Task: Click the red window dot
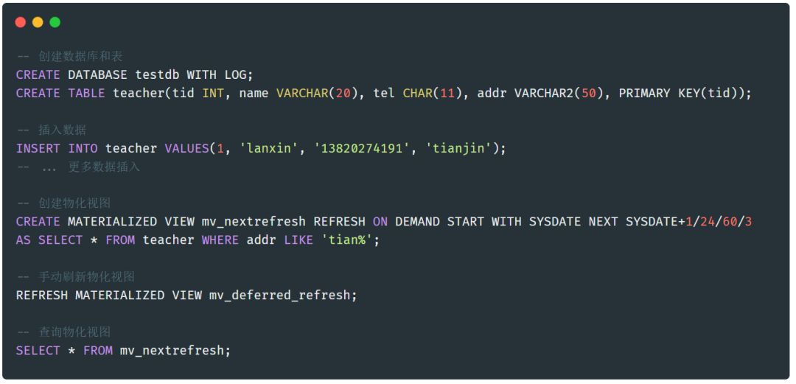[x=21, y=22]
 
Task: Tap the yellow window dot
[x=38, y=22]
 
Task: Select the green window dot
[x=55, y=22]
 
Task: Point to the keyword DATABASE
[x=97, y=74]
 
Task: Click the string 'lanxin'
[x=269, y=148]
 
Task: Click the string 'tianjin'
[x=458, y=148]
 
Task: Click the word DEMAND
[x=417, y=221]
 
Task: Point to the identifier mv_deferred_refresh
[x=279, y=295]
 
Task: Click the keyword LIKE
[x=298, y=240]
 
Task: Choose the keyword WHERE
[x=220, y=240]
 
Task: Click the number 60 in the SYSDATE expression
[x=730, y=221]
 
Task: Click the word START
[x=466, y=221]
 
